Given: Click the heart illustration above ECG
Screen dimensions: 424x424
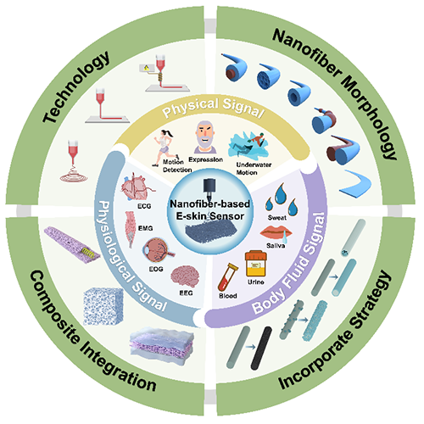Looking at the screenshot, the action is click(137, 187).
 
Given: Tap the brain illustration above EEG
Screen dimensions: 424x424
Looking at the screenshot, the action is click(185, 276).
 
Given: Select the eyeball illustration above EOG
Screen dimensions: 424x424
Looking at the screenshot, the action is click(158, 250).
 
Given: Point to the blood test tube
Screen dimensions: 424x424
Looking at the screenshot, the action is click(227, 277).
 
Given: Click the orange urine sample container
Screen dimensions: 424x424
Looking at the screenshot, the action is click(256, 264).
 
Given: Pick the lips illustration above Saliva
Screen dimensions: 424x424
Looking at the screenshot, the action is click(276, 232).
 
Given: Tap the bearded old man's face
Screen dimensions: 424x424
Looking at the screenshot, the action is click(205, 137).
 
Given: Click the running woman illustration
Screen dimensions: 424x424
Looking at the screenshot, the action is click(165, 148).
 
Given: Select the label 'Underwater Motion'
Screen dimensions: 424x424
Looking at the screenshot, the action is click(254, 169).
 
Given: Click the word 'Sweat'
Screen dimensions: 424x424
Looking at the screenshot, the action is click(277, 218).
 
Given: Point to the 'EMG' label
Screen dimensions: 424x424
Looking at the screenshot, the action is click(145, 228).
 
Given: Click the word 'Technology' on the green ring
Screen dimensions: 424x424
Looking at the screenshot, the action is click(75, 86).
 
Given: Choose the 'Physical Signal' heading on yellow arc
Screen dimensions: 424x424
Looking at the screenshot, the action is click(214, 108).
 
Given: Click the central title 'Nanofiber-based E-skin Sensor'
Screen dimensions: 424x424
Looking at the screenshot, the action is click(209, 209).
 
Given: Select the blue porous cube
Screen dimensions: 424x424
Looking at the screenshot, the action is click(103, 307).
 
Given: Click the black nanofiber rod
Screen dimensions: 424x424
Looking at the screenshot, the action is click(261, 348).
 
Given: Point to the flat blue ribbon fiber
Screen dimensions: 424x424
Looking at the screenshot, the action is click(355, 184).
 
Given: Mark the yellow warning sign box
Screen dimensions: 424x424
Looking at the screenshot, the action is click(147, 68).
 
